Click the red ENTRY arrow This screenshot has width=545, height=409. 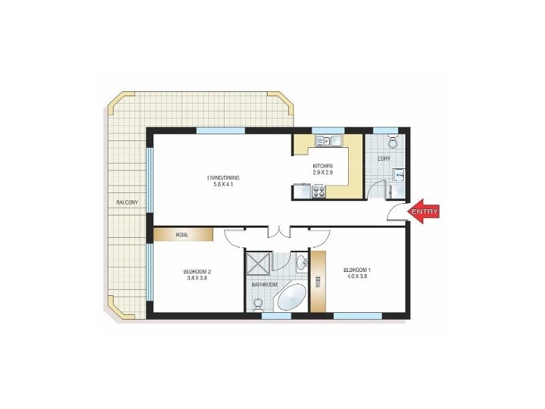click(424, 211)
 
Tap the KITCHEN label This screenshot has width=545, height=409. click(323, 166)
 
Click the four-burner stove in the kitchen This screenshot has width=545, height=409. click(318, 193)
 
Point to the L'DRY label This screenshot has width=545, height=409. click(384, 159)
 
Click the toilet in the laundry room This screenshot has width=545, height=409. click(392, 142)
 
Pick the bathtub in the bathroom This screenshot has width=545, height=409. click(292, 299)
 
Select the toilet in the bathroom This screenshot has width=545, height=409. click(258, 305)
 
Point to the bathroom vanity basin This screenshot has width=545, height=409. click(300, 262)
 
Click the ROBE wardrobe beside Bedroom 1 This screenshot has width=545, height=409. click(317, 282)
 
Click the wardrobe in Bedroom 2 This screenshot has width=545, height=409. click(183, 234)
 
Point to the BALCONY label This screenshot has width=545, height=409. click(127, 202)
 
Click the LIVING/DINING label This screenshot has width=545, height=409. click(223, 179)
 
